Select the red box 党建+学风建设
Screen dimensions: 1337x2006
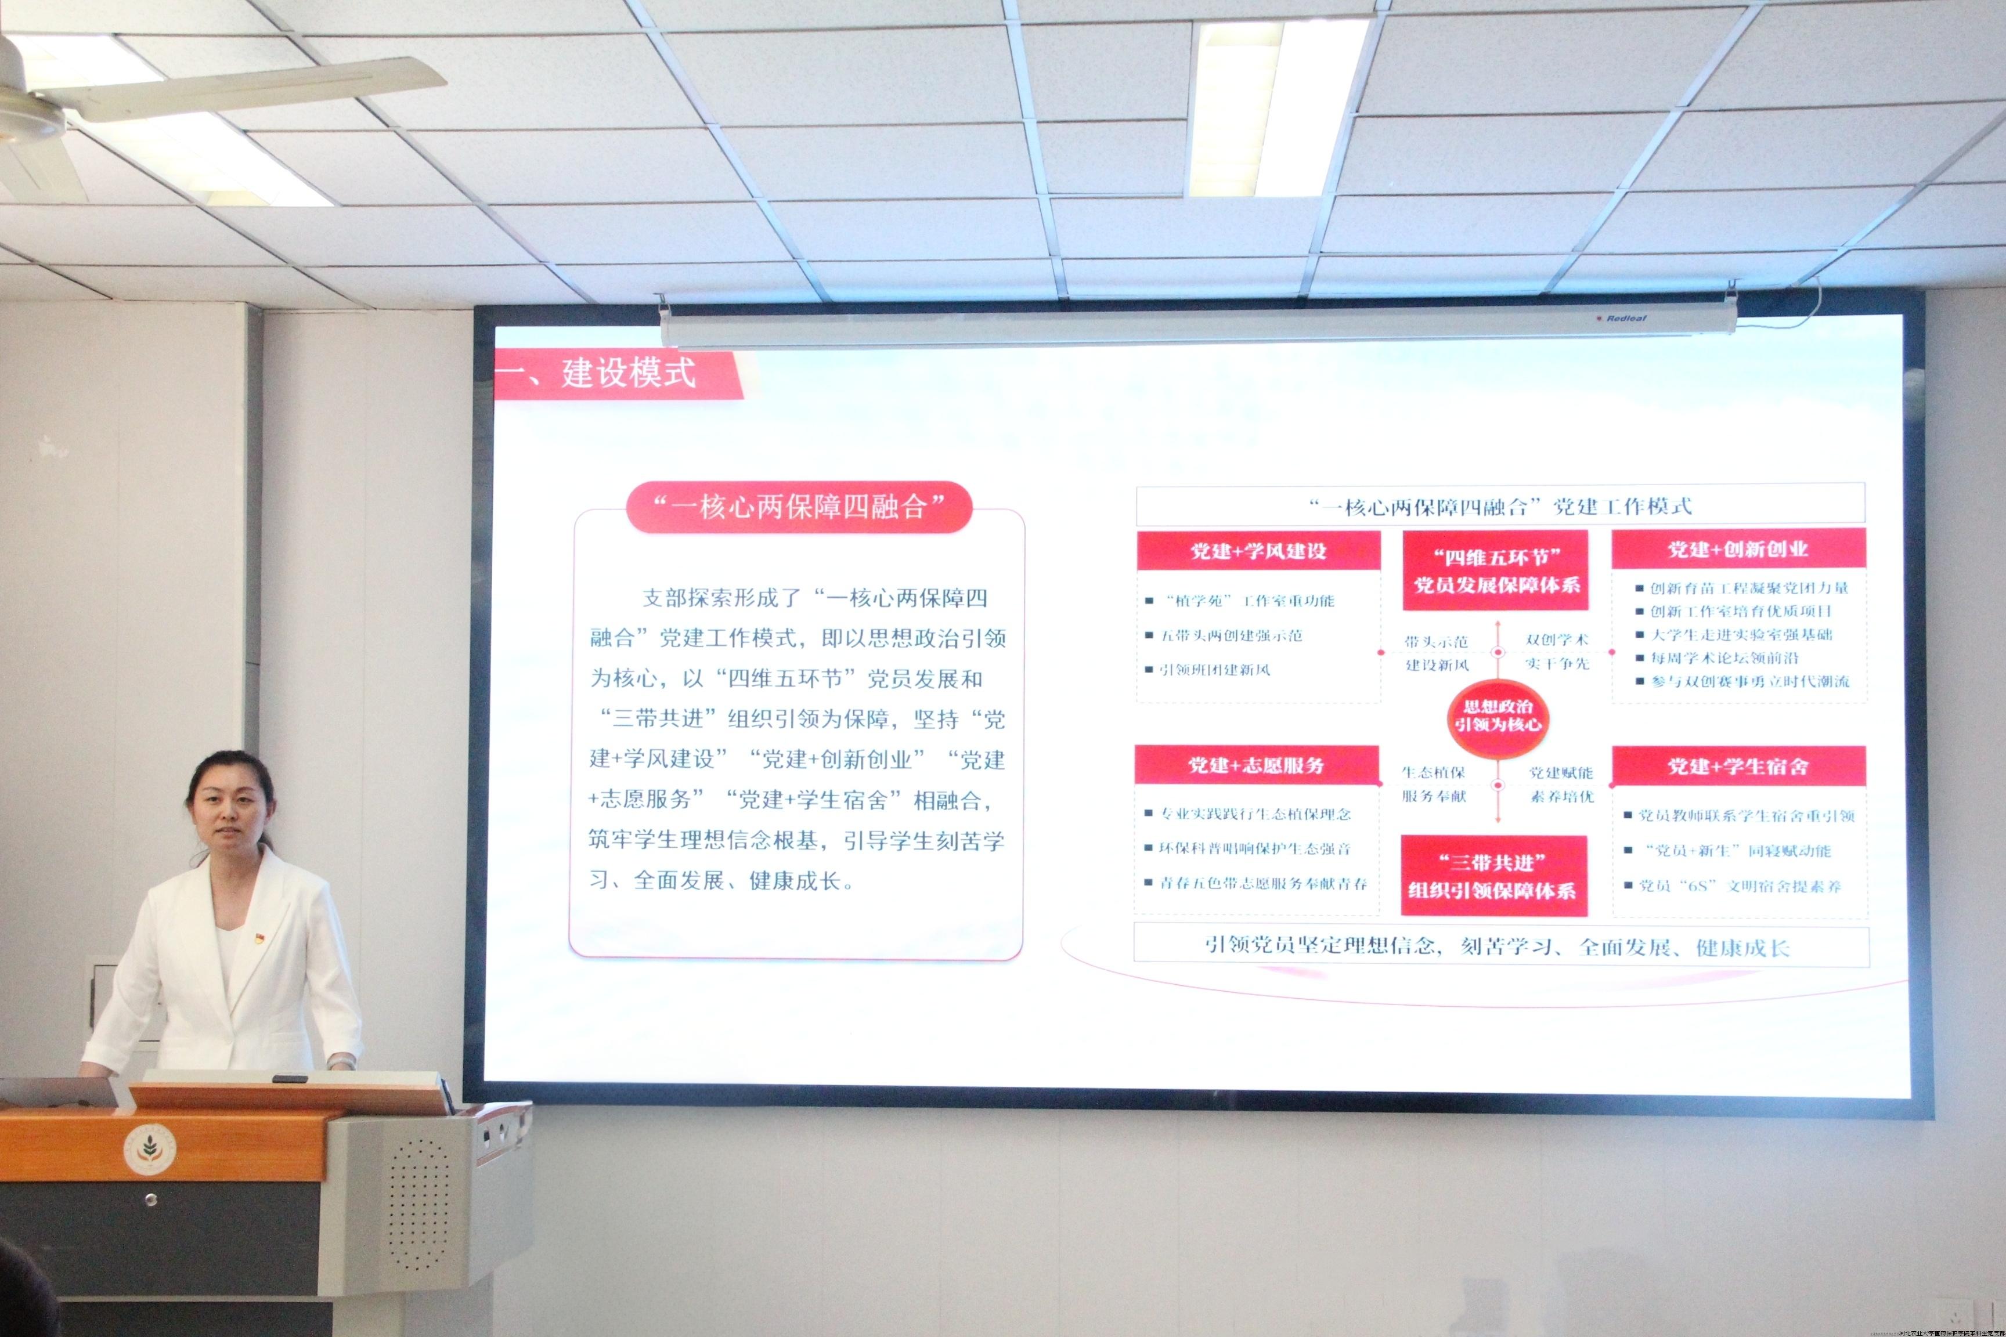tap(1258, 551)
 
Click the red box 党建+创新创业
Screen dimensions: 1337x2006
tap(1737, 549)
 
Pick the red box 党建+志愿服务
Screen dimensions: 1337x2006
tap(1256, 765)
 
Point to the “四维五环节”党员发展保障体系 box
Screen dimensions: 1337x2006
tap(1496, 570)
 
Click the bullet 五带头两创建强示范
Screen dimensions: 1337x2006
tap(1231, 635)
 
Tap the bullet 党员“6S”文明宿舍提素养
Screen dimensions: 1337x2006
tap(1740, 886)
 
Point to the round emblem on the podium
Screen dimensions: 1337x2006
tap(150, 1148)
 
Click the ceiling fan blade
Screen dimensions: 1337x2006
tap(256, 88)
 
